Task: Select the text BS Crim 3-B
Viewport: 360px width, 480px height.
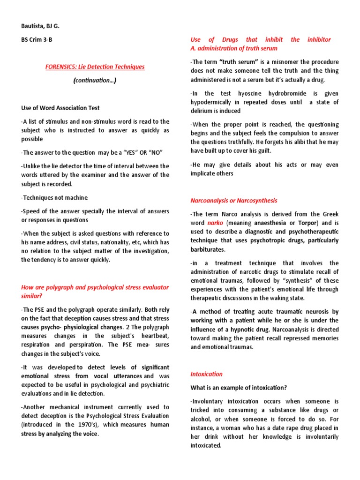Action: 37,40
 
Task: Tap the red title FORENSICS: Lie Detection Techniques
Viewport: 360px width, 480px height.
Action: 95,67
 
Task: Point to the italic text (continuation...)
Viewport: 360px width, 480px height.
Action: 95,80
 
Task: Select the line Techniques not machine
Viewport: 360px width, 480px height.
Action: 54,197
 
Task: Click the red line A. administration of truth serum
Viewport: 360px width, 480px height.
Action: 234,48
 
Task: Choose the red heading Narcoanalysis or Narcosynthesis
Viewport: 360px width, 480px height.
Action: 234,200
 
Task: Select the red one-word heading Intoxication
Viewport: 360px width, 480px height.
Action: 206,374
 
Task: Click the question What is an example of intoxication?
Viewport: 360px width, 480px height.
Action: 238,388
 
